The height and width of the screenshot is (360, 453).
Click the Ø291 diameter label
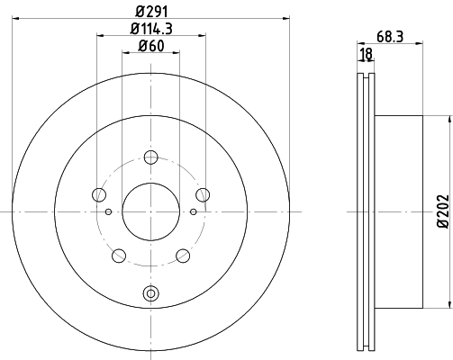click(x=151, y=12)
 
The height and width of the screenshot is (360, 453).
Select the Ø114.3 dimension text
click(x=151, y=29)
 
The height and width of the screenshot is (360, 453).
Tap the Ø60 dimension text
click(x=151, y=46)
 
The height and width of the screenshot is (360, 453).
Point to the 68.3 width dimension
click(x=390, y=37)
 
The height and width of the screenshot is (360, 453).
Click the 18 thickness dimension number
click(x=367, y=54)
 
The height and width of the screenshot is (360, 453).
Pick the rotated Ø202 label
click(x=442, y=211)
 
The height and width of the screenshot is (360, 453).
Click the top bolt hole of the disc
click(x=150, y=157)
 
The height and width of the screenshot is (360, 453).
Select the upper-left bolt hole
click(x=99, y=194)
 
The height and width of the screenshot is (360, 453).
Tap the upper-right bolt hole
click(x=203, y=194)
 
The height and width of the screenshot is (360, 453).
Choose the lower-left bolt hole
click(x=119, y=256)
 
